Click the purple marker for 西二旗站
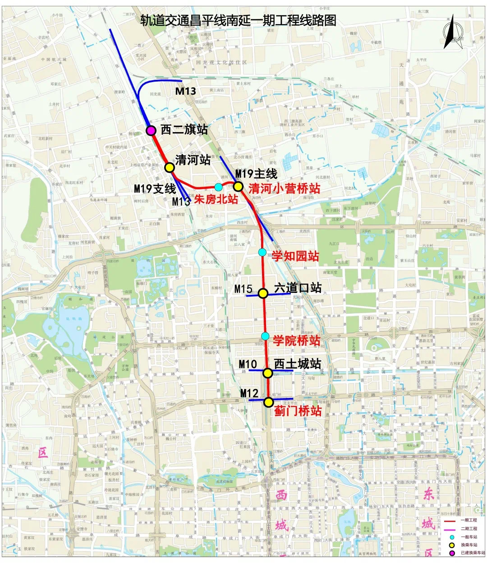click(151, 131)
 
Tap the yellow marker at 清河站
click(170, 167)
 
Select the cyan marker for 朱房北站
click(219, 187)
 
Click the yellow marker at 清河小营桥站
click(238, 186)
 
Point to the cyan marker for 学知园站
click(262, 252)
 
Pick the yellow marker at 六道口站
click(264, 293)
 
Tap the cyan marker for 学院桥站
click(265, 336)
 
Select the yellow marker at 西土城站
click(268, 373)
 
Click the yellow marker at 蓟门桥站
click(269, 402)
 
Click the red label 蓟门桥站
click(298, 411)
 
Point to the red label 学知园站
click(295, 256)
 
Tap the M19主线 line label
click(256, 174)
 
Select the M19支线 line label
click(155, 189)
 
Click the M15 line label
click(243, 289)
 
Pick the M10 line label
click(248, 364)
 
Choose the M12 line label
click(249, 394)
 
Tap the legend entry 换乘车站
click(469, 545)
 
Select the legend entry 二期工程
click(469, 529)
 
